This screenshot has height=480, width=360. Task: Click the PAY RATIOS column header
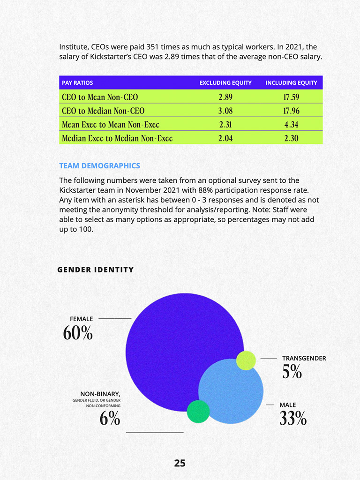(x=77, y=83)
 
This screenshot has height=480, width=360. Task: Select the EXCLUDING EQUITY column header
(x=225, y=83)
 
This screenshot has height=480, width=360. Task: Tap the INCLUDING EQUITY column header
(x=291, y=83)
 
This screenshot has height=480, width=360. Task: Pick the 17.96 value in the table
(x=291, y=111)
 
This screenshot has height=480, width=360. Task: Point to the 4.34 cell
(x=291, y=125)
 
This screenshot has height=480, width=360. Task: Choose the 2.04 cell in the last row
(x=225, y=138)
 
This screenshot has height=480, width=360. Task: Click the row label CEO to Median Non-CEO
(x=103, y=111)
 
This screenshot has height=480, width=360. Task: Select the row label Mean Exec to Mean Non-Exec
(x=111, y=125)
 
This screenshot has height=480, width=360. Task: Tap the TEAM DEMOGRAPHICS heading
(x=99, y=166)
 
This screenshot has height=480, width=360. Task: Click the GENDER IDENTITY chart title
(x=96, y=270)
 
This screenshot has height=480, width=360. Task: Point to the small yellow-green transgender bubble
(x=246, y=360)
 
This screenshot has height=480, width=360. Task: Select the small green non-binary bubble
(x=198, y=412)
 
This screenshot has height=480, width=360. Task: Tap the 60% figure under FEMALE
(x=78, y=333)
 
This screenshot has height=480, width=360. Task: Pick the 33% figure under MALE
(x=293, y=418)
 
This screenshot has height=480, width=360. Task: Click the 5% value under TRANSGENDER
(x=292, y=372)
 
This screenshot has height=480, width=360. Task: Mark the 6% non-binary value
(x=110, y=419)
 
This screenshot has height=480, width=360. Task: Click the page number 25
(x=180, y=463)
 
